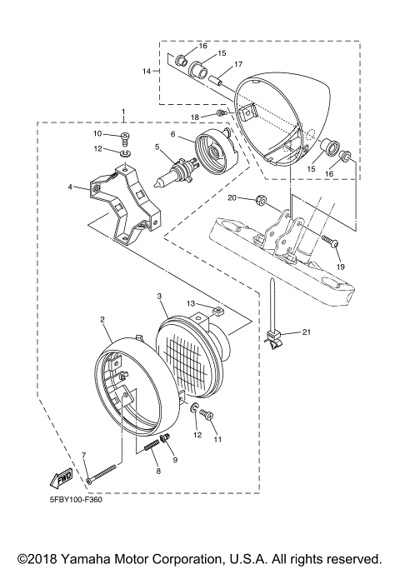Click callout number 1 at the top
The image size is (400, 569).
pyautogui.click(x=123, y=111)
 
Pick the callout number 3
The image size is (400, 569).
pyautogui.click(x=157, y=296)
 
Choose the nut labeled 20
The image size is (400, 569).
pyautogui.click(x=258, y=200)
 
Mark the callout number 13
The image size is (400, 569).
pyautogui.click(x=191, y=304)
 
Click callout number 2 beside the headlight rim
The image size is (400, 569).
pyautogui.click(x=102, y=319)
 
